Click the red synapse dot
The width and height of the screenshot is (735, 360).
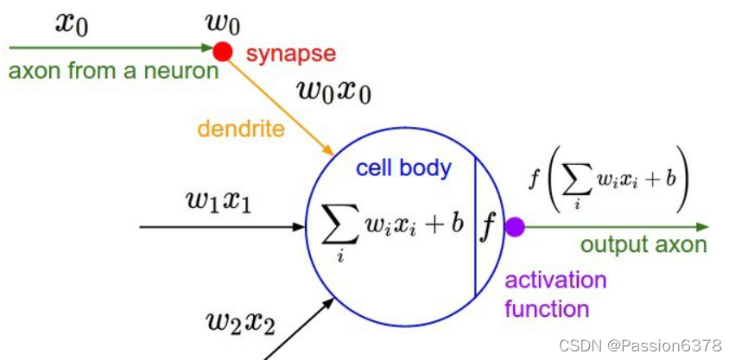tap(223, 51)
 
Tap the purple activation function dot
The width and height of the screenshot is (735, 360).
tap(516, 228)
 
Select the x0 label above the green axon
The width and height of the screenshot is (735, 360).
tap(72, 22)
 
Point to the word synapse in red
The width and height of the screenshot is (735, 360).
tap(290, 54)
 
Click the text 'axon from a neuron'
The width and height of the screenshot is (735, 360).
tap(113, 71)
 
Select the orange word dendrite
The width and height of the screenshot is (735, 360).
tap(241, 129)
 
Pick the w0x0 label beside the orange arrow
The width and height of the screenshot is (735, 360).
tap(333, 90)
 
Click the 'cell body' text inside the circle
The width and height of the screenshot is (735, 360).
tap(403, 167)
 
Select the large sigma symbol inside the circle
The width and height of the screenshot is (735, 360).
tap(329, 226)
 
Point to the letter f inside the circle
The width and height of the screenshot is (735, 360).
tap(490, 227)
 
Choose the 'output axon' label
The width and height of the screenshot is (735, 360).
tap(643, 244)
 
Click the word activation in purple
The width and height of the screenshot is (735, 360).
tap(555, 281)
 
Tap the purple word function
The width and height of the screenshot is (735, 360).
tap(547, 308)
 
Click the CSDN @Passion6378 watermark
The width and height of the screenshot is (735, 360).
tap(640, 345)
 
